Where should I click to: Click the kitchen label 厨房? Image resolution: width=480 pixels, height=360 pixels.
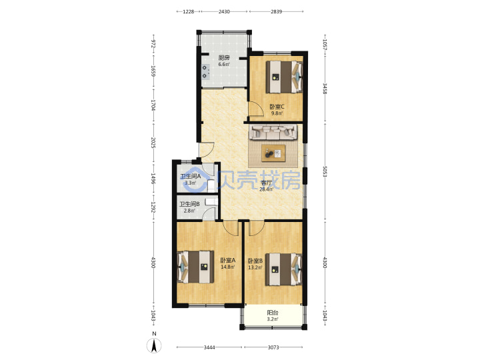[224, 57]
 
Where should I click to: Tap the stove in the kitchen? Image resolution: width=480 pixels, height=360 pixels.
[205, 71]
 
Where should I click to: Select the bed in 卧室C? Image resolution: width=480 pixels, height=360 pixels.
[284, 77]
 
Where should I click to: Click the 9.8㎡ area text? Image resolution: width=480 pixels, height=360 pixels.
[277, 113]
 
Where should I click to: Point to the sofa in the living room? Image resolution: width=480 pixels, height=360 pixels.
[274, 132]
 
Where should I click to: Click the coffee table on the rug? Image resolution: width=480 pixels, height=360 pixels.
[273, 153]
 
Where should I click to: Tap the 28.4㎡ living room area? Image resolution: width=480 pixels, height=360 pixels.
[266, 189]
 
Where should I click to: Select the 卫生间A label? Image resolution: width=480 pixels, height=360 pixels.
[190, 176]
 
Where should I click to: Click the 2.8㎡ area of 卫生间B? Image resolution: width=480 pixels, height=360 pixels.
[189, 211]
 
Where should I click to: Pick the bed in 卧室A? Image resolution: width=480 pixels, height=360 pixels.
[195, 267]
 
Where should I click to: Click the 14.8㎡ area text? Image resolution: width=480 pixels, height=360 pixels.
[228, 267]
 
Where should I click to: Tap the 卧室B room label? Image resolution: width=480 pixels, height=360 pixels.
[255, 261]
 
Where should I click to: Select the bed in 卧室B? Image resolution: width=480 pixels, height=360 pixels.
[284, 269]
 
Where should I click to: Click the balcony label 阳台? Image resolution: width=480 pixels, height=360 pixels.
[273, 313]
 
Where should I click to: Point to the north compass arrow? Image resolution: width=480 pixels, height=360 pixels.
[154, 346]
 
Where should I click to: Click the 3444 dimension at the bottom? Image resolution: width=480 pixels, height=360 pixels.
[209, 347]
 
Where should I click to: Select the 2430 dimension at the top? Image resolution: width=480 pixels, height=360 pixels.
[224, 11]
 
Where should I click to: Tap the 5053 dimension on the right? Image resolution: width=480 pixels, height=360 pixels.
[325, 172]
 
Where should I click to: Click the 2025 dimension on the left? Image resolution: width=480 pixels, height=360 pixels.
[153, 143]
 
